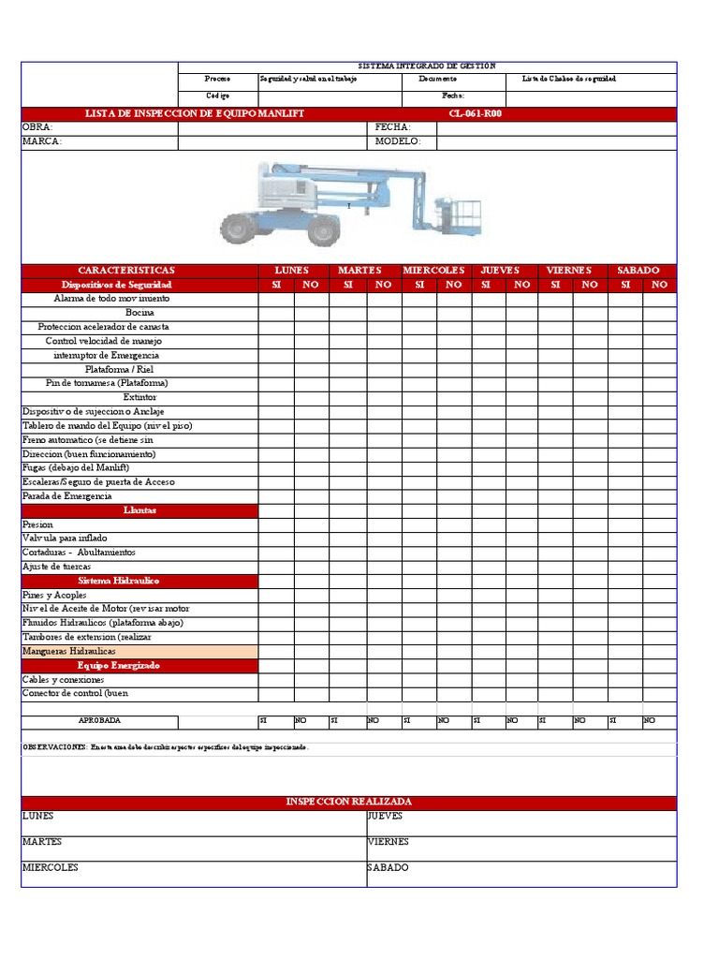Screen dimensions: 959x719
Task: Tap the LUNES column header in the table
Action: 292,271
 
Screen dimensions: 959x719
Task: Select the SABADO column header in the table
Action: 638,271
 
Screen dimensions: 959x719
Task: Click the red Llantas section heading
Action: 139,510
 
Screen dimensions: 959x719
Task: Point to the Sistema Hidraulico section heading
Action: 139,581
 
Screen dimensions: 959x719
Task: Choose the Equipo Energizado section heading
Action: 139,665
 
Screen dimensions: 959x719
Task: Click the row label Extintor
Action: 139,397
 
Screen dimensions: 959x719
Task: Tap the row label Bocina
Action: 139,313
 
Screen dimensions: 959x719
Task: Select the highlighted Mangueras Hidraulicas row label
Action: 68,651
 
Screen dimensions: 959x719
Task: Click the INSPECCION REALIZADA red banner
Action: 348,803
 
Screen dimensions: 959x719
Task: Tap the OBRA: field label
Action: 38,126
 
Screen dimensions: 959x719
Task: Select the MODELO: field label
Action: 398,141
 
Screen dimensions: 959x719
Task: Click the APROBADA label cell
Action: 99,721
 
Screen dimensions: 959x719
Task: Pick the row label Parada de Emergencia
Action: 66,495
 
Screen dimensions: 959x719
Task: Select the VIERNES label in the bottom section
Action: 389,842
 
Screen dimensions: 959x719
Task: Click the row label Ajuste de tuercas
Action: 56,567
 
